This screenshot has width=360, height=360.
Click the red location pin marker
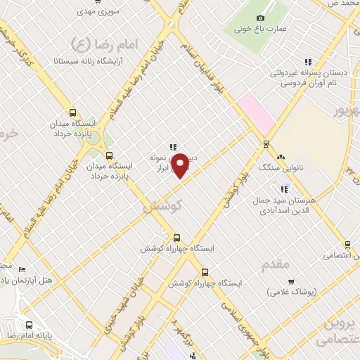pos(180,165)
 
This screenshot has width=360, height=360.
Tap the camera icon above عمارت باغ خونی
pos(260,18)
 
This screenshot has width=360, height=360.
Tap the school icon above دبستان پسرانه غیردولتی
pos(307,63)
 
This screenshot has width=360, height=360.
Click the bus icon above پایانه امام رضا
pos(29,325)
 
